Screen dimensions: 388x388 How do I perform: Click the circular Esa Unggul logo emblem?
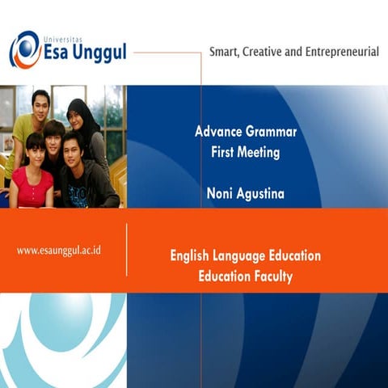click(x=25, y=49)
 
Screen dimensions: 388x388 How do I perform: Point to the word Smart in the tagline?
click(x=226, y=52)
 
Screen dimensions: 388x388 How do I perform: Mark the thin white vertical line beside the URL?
click(x=127, y=250)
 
